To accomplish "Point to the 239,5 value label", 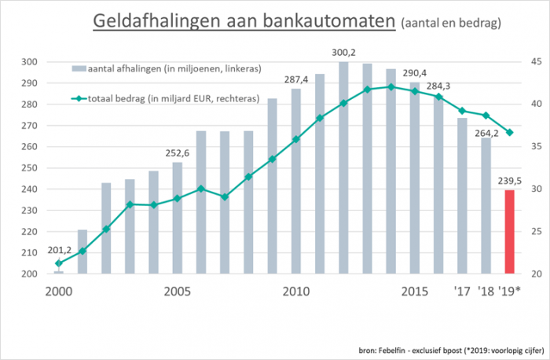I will pos(509,181).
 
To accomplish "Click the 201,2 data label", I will pos(60,250).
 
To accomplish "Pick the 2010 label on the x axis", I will pos(295,292).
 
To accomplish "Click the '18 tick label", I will pos(486,292).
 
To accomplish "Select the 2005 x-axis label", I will pos(178,292).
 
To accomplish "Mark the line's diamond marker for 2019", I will pos(509,132).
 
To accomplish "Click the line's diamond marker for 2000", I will pos(60,263).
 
